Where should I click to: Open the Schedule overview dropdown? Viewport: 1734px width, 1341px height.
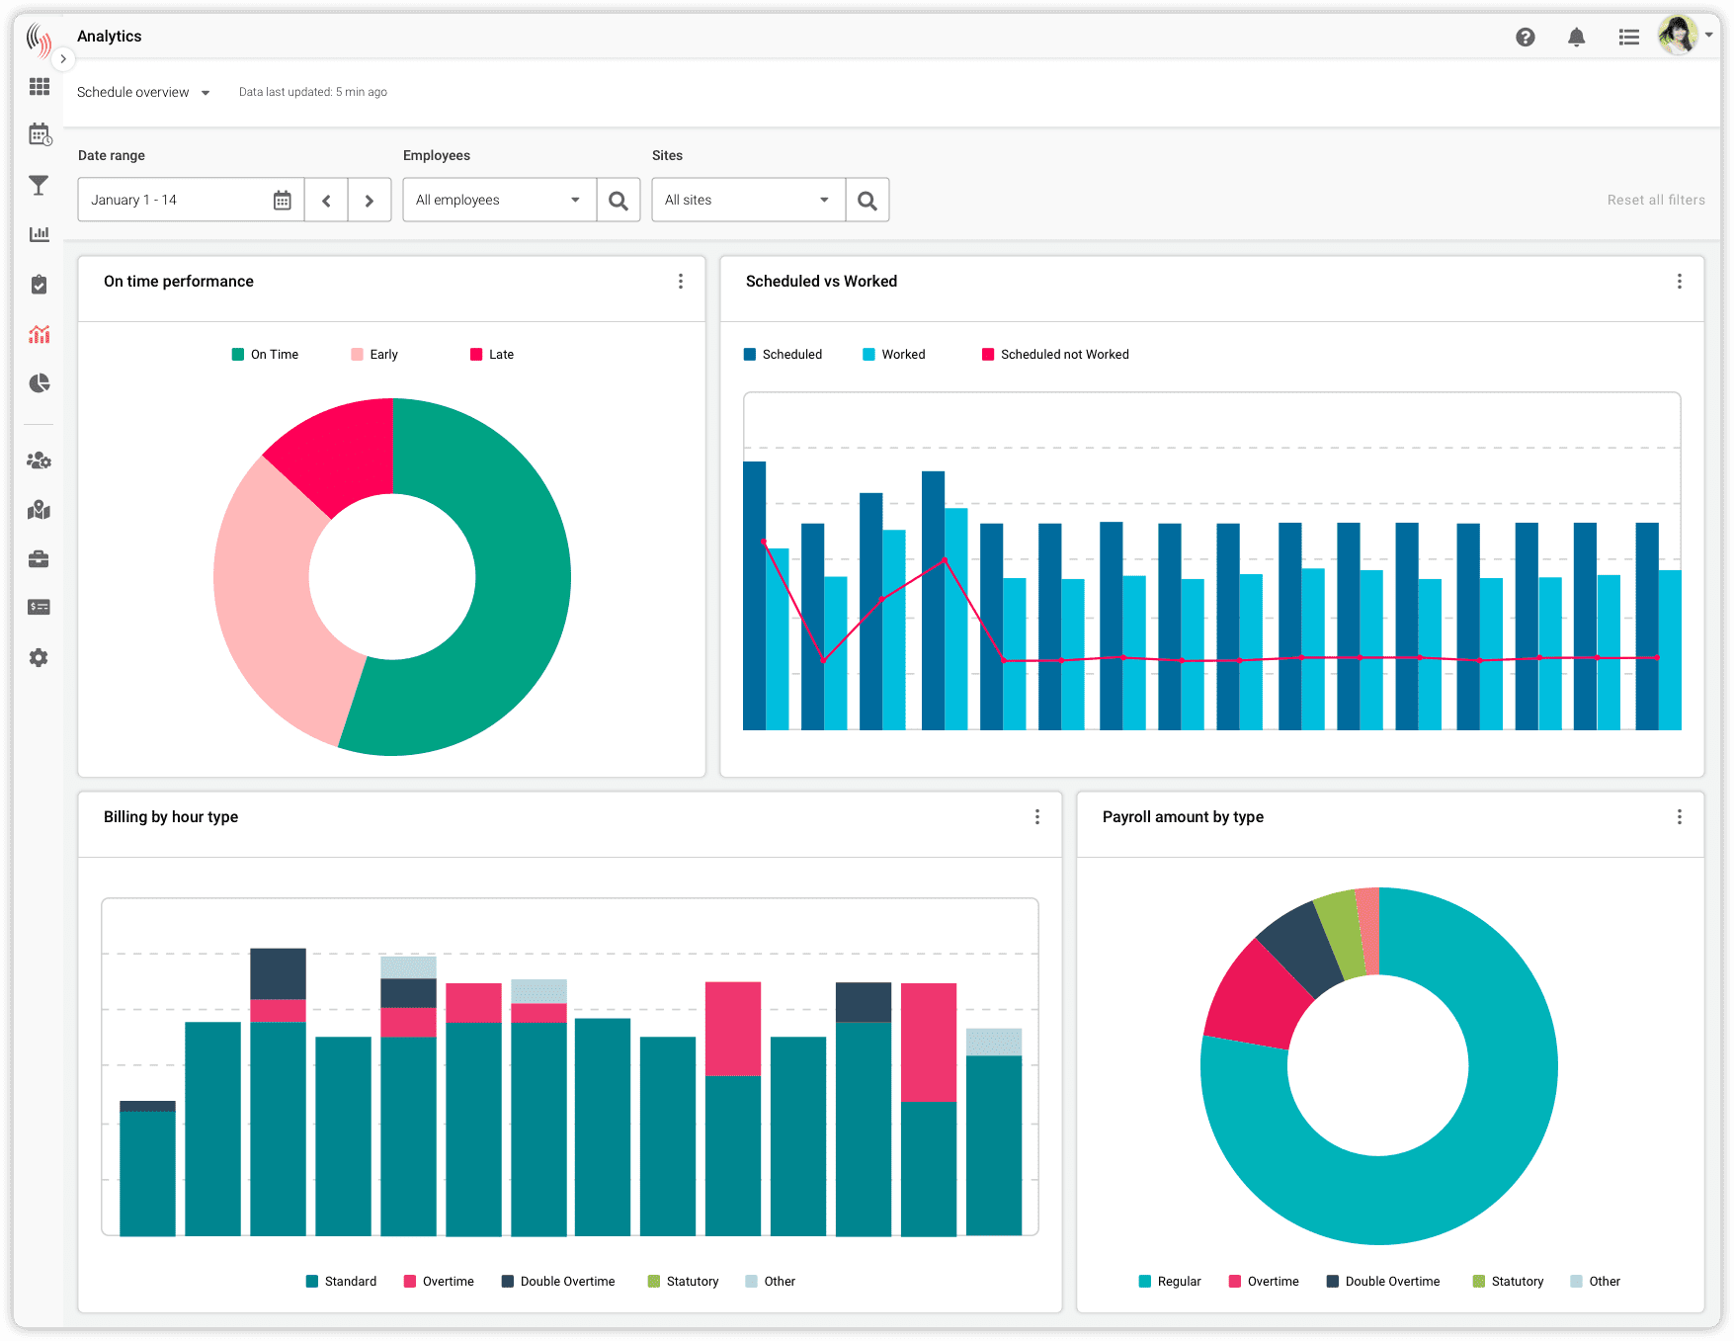[x=143, y=92]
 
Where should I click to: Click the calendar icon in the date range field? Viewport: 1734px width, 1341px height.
[x=283, y=201]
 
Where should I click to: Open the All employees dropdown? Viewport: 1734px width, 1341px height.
[x=499, y=201]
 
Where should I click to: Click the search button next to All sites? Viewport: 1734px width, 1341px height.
[x=867, y=201]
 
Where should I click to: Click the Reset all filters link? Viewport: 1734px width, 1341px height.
[x=1655, y=200]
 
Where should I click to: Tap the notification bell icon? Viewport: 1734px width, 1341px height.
[x=1576, y=38]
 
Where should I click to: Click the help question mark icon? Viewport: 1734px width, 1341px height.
[x=1525, y=38]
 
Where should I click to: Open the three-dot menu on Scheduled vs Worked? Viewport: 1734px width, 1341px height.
[x=1679, y=282]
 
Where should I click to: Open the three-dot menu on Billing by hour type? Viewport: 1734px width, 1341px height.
[x=1036, y=817]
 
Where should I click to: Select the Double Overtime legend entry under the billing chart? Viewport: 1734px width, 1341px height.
[x=558, y=1282]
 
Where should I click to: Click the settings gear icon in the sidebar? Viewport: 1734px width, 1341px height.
[x=39, y=658]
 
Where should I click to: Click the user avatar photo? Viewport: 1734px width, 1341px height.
[x=1677, y=36]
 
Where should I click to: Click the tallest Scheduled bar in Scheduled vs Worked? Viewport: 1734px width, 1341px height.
[x=754, y=593]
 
